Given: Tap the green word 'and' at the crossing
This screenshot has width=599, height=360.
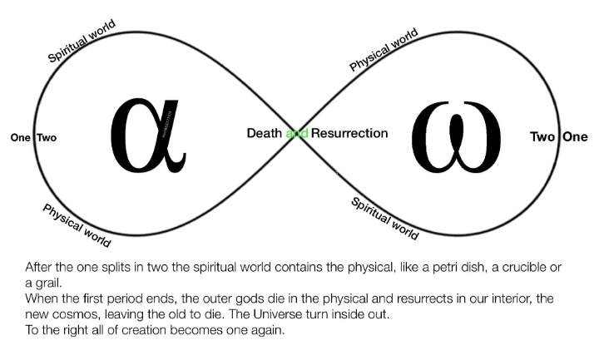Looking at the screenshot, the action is pos(297,133).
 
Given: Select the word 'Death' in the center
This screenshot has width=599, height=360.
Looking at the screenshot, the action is pos(265,133).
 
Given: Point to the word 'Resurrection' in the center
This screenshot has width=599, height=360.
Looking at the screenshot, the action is pos(349,133).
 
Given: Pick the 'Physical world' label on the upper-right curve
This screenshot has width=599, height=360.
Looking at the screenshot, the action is pos(384,50).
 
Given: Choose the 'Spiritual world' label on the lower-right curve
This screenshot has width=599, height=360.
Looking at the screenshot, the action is pos(384,219).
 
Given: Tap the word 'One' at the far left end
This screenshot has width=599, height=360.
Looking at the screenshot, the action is pos(20,138).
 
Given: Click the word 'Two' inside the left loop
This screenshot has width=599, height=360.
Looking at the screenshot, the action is pos(47,138).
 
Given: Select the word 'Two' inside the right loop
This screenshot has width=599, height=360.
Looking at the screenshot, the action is pos(542,137).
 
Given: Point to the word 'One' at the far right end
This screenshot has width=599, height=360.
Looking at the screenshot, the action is pos(574,137).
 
